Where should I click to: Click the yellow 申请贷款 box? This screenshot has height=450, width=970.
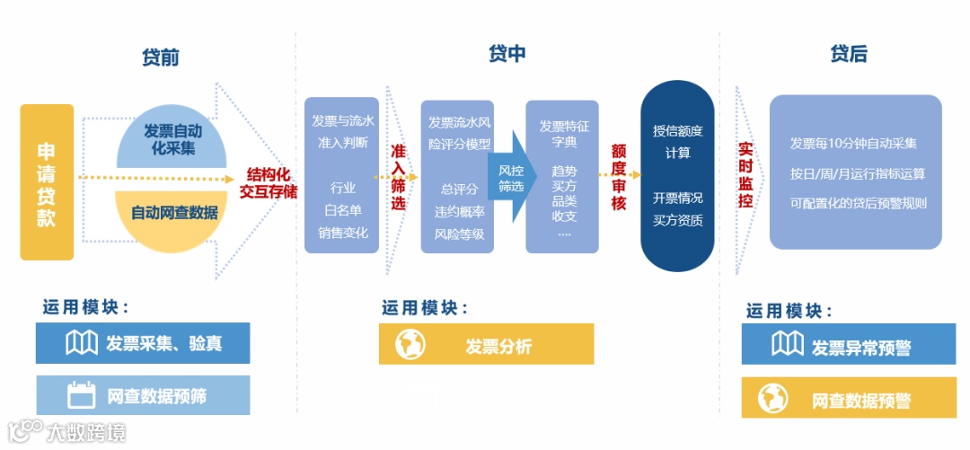(47, 182)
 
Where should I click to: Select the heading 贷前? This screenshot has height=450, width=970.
(161, 57)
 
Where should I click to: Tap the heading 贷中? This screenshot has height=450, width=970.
(507, 54)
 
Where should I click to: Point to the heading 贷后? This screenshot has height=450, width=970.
(848, 54)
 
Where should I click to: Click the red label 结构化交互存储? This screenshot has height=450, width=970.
(268, 182)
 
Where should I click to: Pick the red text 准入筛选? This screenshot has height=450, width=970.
(399, 178)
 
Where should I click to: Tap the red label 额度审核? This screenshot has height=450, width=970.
(619, 177)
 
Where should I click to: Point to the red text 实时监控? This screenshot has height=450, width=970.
(745, 175)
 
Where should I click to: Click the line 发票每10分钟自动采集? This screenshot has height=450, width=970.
(853, 144)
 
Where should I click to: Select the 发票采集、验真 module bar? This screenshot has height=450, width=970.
(144, 343)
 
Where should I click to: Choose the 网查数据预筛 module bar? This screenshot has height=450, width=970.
(144, 395)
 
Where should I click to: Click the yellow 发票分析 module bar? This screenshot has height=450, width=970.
(486, 344)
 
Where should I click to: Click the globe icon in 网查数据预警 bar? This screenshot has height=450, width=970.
(772, 398)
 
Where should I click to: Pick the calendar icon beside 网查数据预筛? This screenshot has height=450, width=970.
(82, 395)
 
